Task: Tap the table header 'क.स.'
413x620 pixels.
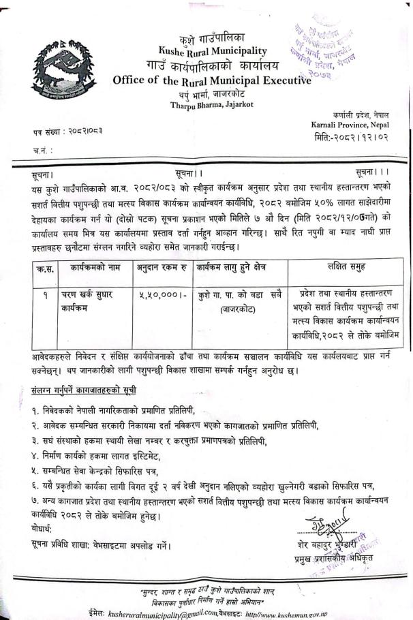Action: pos(42,270)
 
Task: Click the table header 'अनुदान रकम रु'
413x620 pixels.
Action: pos(162,270)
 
